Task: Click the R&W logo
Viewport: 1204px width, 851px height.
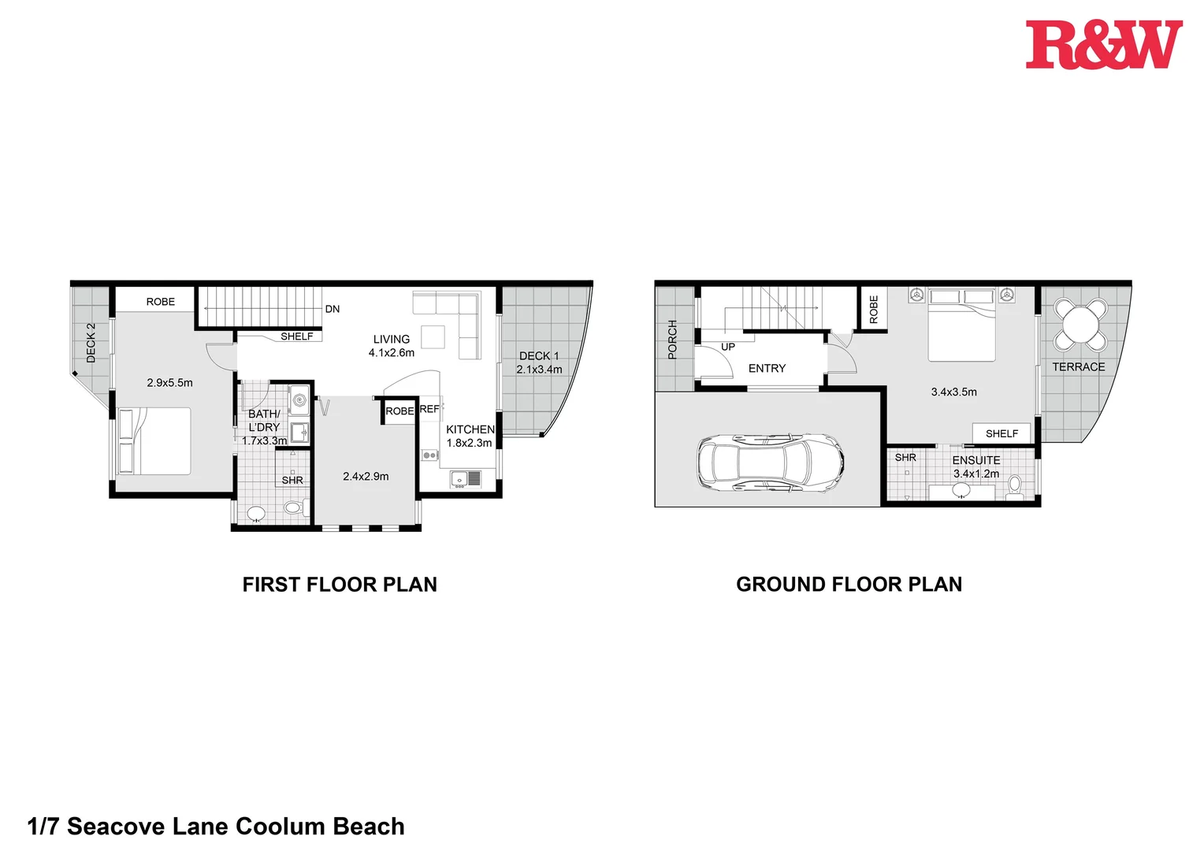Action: click(x=1103, y=45)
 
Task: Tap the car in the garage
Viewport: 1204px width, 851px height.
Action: click(x=770, y=463)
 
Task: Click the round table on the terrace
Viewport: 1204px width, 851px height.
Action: click(x=1080, y=323)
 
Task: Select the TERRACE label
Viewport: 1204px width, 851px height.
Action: click(x=1078, y=367)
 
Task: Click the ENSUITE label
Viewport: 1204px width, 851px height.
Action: click(x=975, y=460)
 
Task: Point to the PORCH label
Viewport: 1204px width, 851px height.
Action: click(x=672, y=340)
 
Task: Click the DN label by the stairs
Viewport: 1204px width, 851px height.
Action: click(x=333, y=309)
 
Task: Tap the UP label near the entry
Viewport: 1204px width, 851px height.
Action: click(x=727, y=347)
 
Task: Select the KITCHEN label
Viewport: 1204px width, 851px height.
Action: click(x=470, y=429)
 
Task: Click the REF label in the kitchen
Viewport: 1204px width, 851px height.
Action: click(x=429, y=409)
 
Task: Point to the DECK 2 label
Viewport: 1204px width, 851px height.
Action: click(x=91, y=343)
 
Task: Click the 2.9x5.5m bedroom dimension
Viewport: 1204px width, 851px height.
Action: click(x=169, y=383)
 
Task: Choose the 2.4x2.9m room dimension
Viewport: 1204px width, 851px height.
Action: click(x=366, y=477)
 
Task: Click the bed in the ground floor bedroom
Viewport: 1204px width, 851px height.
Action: click(x=961, y=325)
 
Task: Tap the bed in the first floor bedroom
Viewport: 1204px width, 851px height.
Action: click(x=154, y=441)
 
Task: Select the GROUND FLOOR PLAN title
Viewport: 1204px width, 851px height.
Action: click(x=849, y=585)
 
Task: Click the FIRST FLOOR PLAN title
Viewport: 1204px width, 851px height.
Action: click(x=340, y=585)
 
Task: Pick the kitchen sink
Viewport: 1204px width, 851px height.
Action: click(x=466, y=478)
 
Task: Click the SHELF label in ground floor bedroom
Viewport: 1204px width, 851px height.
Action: click(x=1001, y=433)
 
